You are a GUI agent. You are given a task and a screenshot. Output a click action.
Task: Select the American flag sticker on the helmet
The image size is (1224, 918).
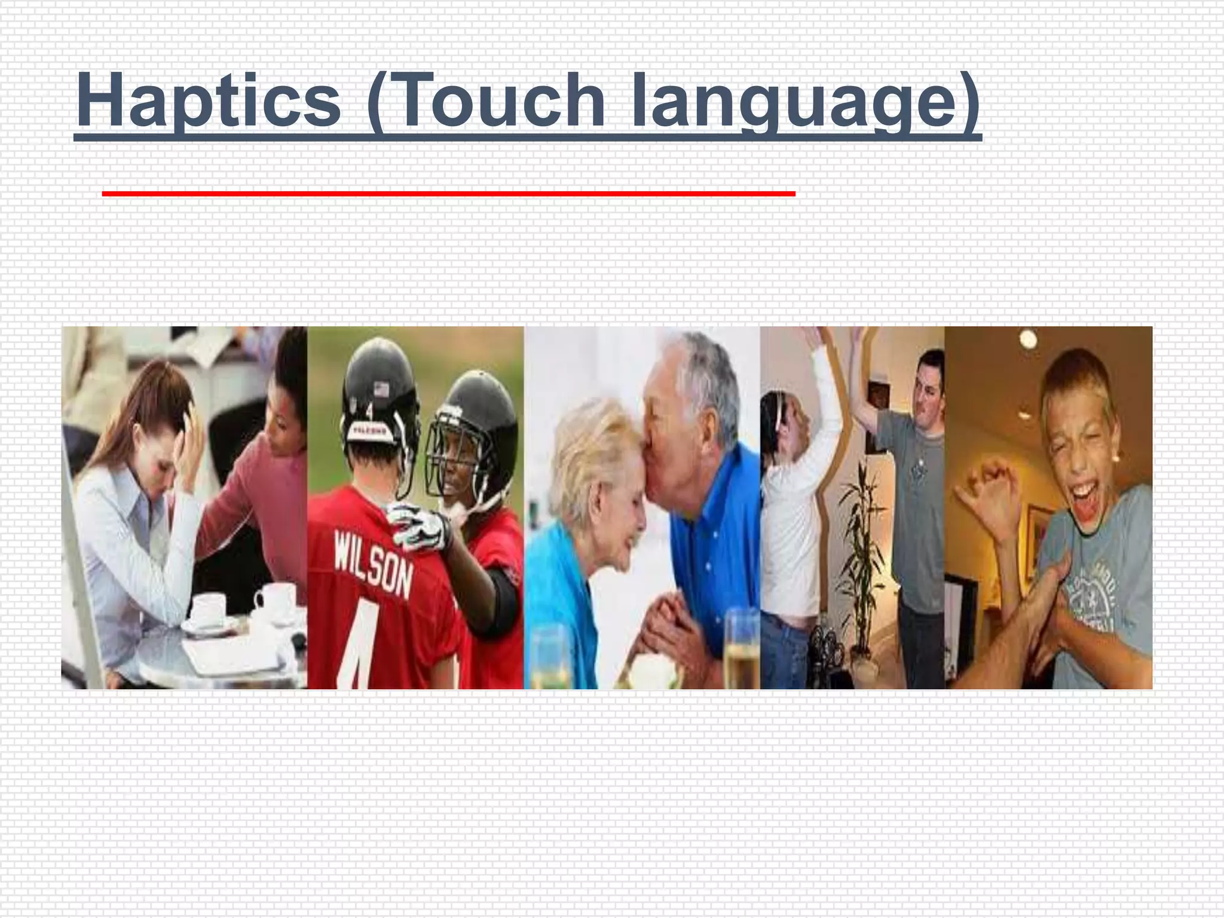[x=380, y=390]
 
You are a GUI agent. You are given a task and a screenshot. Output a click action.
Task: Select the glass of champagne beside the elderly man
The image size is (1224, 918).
[x=741, y=651]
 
